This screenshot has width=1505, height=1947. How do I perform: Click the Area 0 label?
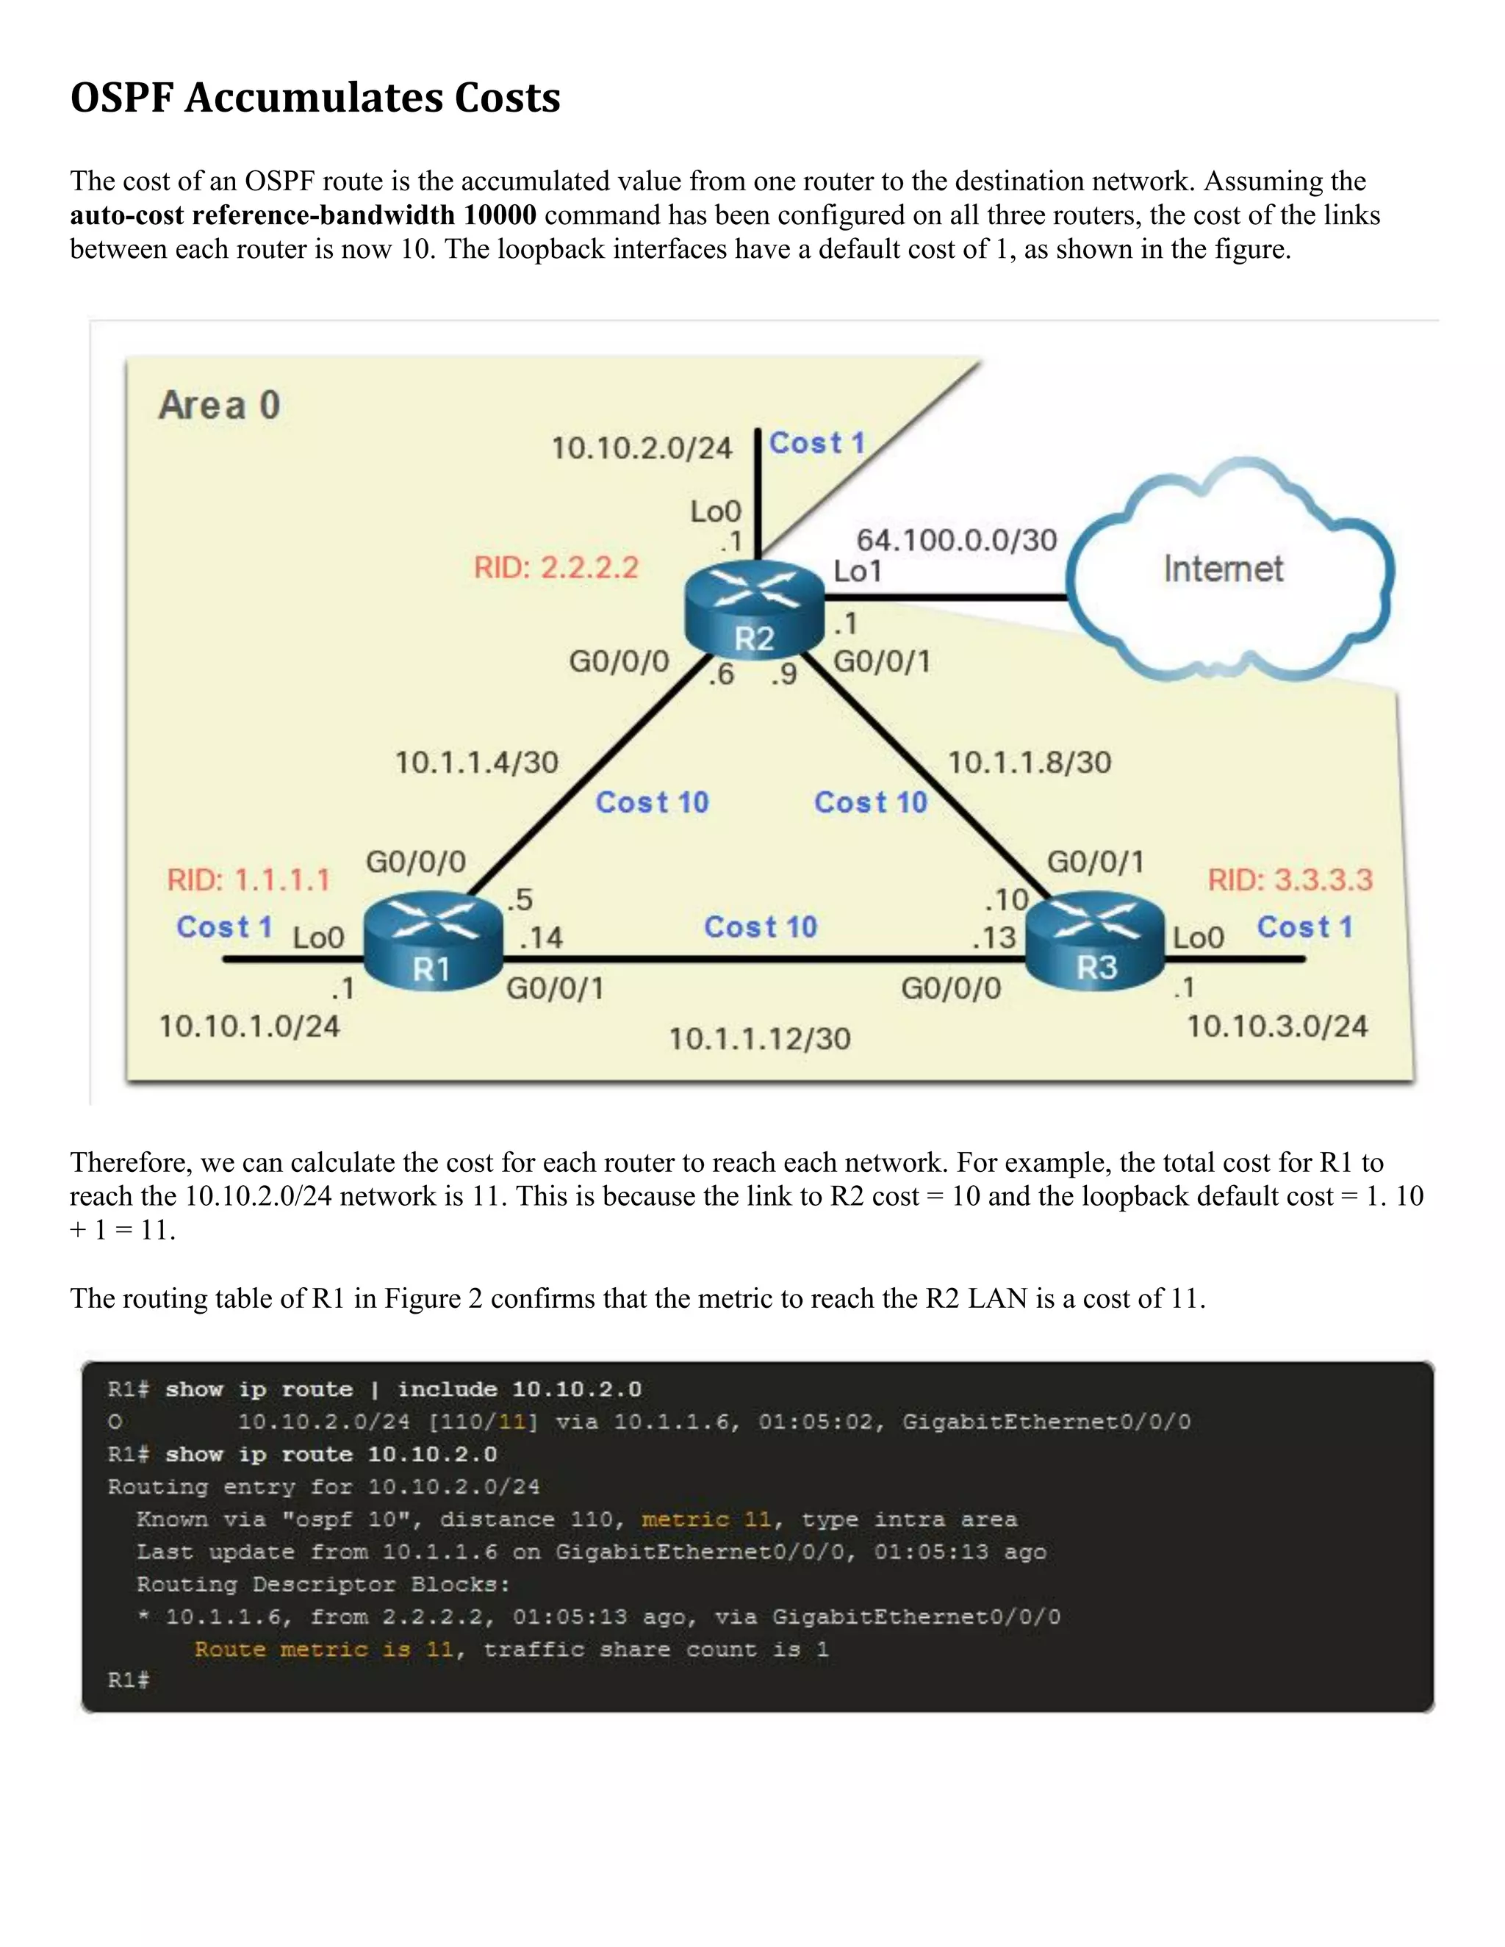click(x=219, y=406)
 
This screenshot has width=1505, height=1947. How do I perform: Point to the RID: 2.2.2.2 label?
click(x=556, y=568)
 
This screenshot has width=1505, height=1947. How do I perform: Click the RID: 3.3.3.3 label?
click(x=1289, y=880)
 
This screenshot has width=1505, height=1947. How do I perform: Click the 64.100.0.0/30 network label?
click(x=956, y=539)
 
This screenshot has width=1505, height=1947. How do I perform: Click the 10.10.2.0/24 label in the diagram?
click(x=641, y=447)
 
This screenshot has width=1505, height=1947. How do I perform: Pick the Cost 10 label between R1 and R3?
click(x=761, y=927)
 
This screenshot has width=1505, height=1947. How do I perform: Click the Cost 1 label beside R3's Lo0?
click(x=1304, y=927)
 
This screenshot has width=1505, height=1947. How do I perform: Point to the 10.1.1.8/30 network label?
click(x=1029, y=762)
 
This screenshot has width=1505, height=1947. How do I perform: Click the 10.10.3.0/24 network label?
click(x=1276, y=1026)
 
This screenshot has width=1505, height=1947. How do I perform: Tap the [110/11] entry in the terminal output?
click(x=482, y=1421)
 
